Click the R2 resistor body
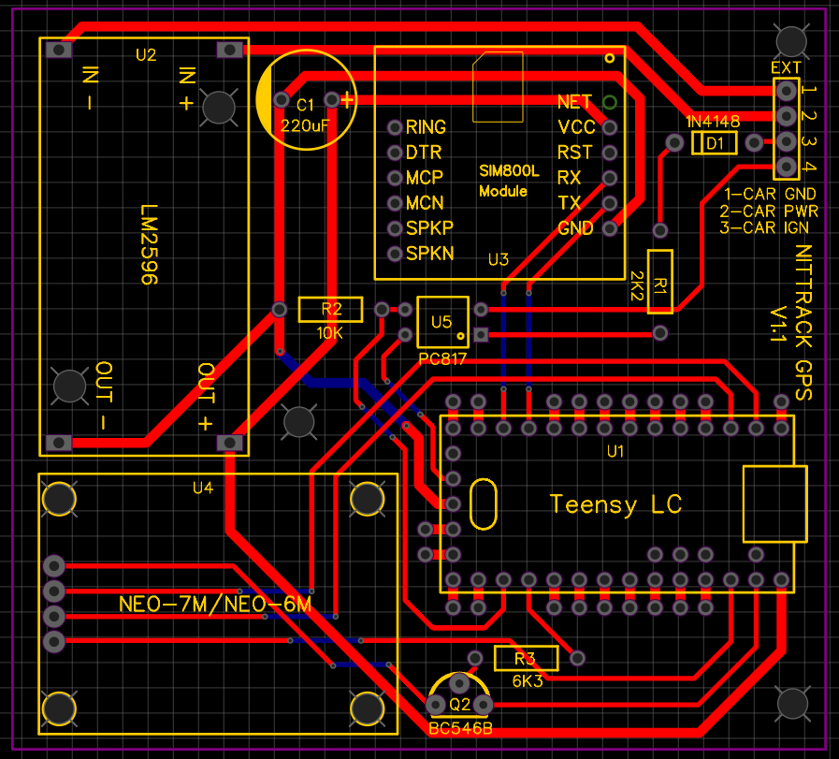[330, 310]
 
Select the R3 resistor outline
[526, 658]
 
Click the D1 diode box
[715, 143]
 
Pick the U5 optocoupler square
[441, 322]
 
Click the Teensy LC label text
[615, 504]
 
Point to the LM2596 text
[149, 245]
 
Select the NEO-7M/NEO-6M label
[215, 605]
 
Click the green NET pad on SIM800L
[610, 101]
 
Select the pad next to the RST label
[610, 152]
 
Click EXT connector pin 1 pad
[787, 91]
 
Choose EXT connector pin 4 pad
[787, 167]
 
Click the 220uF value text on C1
[305, 124]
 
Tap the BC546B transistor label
[459, 728]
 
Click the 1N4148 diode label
[713, 123]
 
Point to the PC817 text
[442, 359]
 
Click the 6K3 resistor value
[527, 680]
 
